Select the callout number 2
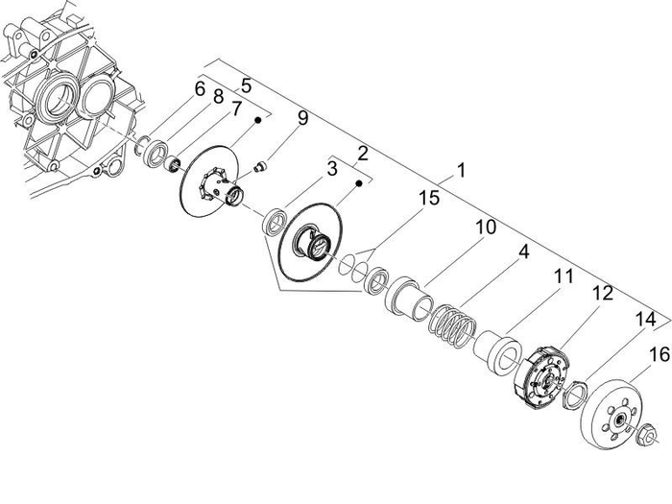coord(363,153)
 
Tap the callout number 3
coord(331,170)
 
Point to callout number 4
coord(523,253)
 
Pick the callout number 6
coord(200,89)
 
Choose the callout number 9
coord(302,119)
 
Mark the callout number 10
coord(485,228)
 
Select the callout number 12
coord(601,295)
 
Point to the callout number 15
coord(427,199)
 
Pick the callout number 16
coord(659,354)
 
